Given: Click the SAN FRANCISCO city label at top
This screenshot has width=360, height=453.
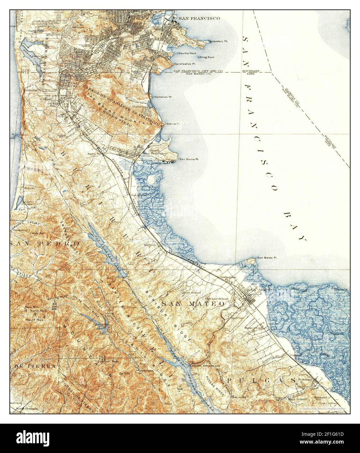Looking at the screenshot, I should [x=201, y=19].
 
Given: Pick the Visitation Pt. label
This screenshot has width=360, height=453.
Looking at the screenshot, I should [x=164, y=97].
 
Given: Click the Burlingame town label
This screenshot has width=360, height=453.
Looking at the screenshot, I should [x=228, y=276].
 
